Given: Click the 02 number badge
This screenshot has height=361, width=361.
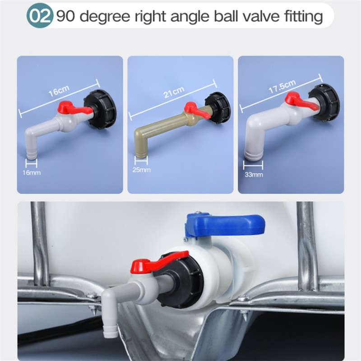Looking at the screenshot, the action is click(x=40, y=16).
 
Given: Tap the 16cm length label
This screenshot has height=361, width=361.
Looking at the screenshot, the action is click(x=59, y=91).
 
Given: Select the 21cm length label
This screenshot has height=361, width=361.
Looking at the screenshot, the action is click(x=174, y=92).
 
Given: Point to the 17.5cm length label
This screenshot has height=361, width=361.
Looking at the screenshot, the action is click(x=282, y=86).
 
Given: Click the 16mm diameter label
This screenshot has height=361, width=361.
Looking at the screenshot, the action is click(x=32, y=172).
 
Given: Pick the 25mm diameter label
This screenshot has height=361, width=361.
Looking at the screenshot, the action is click(x=141, y=170).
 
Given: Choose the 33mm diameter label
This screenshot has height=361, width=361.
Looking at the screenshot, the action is click(x=254, y=175).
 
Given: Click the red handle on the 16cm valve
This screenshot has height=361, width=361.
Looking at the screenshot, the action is click(x=74, y=109).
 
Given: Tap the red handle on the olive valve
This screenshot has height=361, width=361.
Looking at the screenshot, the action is click(x=196, y=110).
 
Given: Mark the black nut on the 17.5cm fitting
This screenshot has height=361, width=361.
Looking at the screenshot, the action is click(x=324, y=102).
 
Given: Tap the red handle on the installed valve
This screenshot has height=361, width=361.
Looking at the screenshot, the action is click(x=159, y=261).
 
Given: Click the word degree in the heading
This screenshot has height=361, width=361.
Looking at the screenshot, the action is click(x=105, y=17).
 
